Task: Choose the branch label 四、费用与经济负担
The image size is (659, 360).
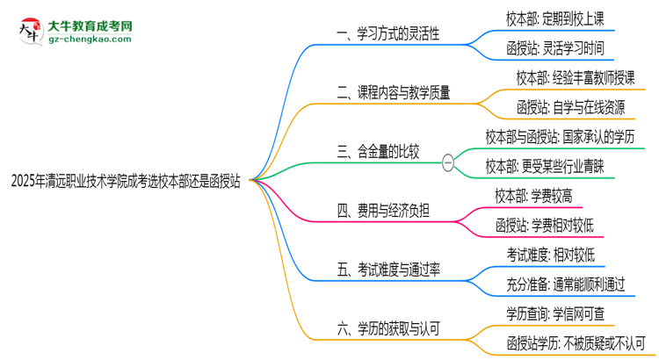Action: [384, 211]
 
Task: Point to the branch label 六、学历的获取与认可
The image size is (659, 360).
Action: [389, 329]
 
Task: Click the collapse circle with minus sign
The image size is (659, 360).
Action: [448, 162]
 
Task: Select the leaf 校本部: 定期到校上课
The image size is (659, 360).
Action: [554, 18]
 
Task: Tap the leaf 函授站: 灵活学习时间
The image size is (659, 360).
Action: [554, 47]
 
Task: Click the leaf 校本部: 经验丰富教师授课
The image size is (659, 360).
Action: [576, 77]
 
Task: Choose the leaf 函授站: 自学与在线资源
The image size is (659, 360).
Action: [571, 107]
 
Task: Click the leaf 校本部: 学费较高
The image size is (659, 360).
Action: [538, 196]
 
